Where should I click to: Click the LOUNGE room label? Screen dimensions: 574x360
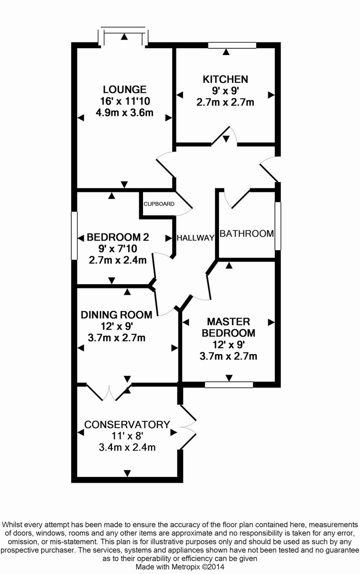(x=124, y=89)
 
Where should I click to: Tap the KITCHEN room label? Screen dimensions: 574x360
(x=225, y=79)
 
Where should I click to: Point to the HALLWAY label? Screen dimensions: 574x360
(x=195, y=238)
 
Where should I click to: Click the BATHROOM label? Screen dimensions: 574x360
(x=247, y=233)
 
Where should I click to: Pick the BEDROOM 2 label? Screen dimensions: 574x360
(x=118, y=237)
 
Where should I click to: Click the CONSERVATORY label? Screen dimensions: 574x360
(x=127, y=424)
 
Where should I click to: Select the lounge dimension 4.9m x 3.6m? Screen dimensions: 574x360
(x=124, y=113)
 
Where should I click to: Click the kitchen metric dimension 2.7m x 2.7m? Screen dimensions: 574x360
(x=225, y=102)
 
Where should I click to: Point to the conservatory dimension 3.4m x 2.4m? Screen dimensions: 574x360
(x=127, y=447)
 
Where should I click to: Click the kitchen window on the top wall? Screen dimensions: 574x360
(x=232, y=45)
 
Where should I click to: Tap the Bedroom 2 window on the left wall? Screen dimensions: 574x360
(x=74, y=236)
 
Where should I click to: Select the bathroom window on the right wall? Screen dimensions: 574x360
(x=278, y=226)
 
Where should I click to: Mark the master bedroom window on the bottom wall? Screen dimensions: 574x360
(x=229, y=384)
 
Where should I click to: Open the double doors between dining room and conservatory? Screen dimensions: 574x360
(x=109, y=391)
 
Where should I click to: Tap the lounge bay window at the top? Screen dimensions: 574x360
(x=124, y=36)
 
